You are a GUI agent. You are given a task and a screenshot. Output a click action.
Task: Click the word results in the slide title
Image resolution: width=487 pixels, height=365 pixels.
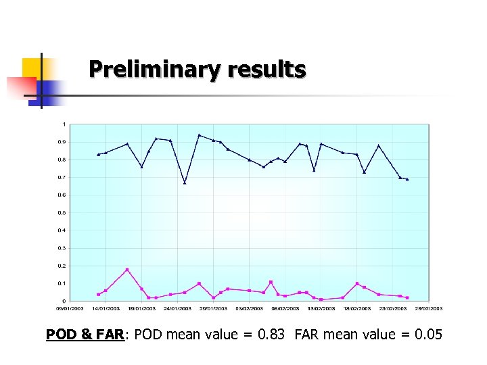(266, 69)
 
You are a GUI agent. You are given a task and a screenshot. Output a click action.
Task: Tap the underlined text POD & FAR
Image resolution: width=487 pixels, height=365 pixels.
(85, 334)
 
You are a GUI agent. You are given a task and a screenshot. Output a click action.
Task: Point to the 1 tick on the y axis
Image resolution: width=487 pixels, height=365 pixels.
(64, 124)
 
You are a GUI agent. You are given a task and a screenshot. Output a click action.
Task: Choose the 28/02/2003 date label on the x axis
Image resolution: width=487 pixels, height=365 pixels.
(428, 308)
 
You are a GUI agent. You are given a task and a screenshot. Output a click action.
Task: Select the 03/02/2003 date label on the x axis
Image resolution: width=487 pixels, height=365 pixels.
(249, 308)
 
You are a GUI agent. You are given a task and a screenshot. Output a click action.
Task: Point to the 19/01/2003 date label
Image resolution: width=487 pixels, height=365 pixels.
(141, 308)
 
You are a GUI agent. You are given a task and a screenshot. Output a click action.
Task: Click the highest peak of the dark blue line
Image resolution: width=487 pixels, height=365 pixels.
(199, 135)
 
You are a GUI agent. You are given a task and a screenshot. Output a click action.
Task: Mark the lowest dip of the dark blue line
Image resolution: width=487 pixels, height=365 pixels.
(185, 182)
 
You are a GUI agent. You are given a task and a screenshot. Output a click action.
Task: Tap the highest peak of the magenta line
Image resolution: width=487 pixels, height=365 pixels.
(127, 270)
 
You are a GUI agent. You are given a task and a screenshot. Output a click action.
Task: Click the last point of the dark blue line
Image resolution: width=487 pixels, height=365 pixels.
(407, 180)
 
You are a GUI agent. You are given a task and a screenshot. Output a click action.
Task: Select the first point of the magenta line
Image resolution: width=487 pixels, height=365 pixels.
(99, 295)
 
